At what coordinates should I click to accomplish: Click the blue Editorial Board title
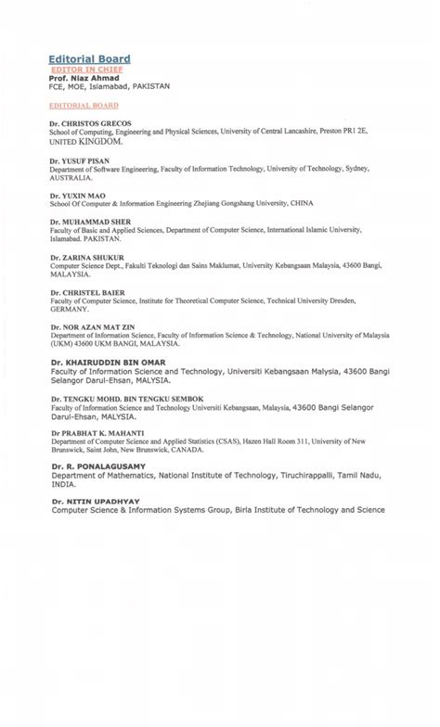[x=90, y=58]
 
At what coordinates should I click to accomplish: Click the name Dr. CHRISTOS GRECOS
[x=90, y=123]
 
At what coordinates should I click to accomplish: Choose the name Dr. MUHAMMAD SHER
[x=91, y=222]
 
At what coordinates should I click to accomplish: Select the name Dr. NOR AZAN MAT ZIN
[x=97, y=326]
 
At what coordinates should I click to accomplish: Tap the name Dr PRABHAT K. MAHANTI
[x=97, y=433]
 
